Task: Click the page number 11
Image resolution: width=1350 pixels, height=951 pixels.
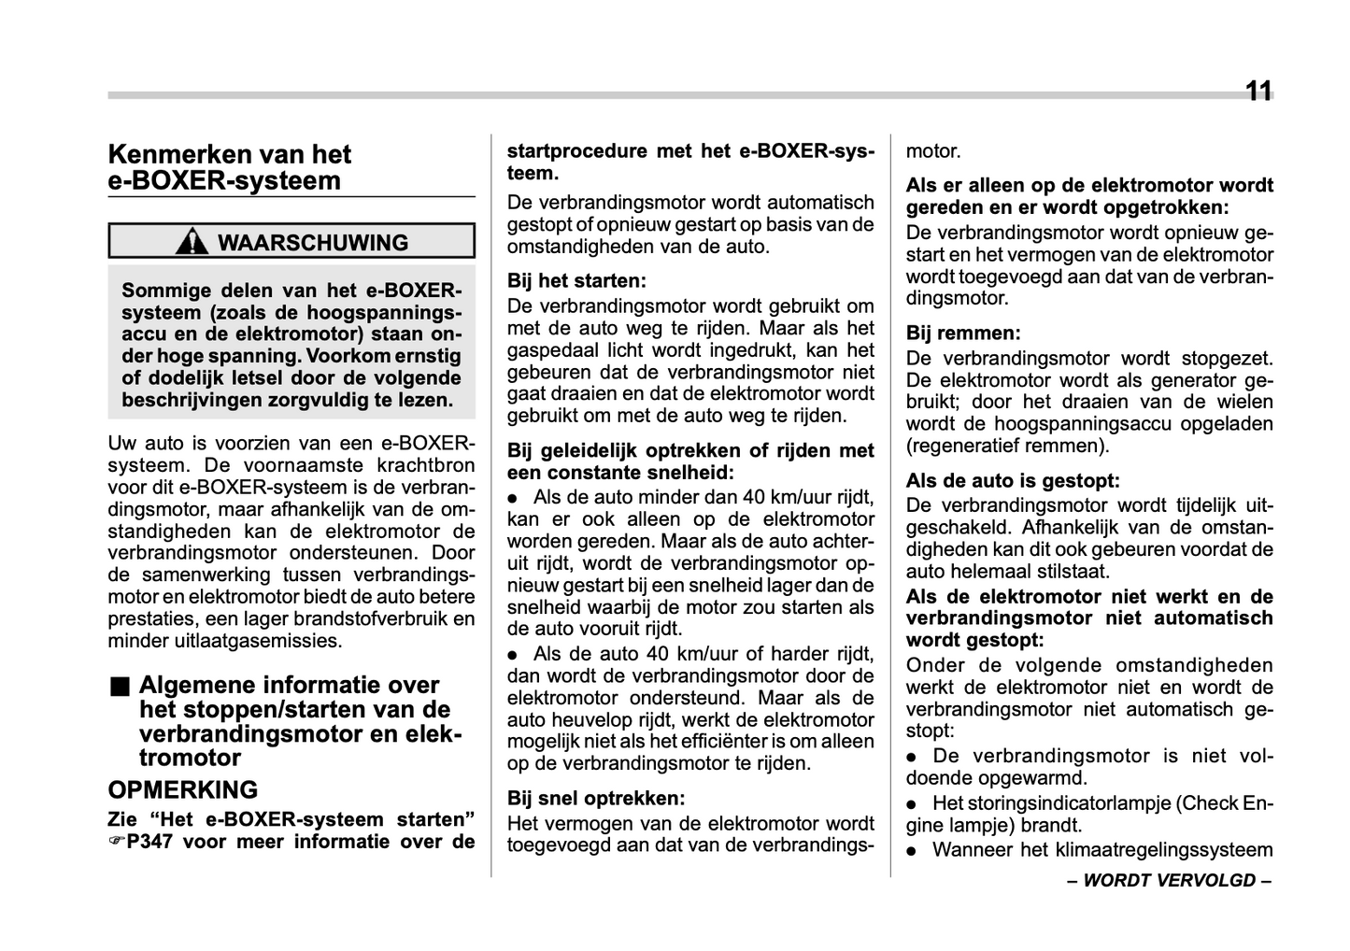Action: pyautogui.click(x=1258, y=91)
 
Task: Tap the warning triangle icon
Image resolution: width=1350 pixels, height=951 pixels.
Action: pyautogui.click(x=192, y=242)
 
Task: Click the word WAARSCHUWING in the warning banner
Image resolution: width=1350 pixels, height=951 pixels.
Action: pyautogui.click(x=313, y=243)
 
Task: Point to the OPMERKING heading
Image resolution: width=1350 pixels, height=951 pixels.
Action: pyautogui.click(x=183, y=790)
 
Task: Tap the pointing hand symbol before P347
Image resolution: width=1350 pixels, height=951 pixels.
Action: pyautogui.click(x=116, y=842)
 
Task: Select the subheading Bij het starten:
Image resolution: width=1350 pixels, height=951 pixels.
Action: pyautogui.click(x=576, y=281)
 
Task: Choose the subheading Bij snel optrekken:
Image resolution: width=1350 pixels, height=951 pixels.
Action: pyautogui.click(x=596, y=799)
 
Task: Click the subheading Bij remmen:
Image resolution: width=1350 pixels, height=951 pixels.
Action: pyautogui.click(x=963, y=334)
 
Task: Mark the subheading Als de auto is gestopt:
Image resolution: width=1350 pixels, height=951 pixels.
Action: pyautogui.click(x=1013, y=481)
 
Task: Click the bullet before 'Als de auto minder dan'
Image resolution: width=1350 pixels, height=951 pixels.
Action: pyautogui.click(x=513, y=498)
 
